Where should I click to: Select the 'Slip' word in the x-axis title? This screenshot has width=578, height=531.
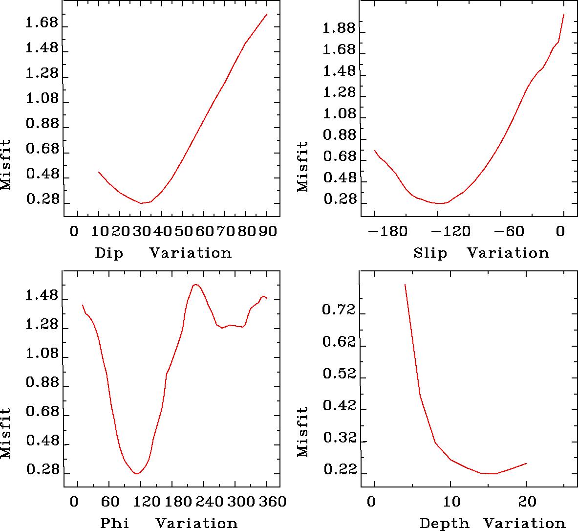point(430,253)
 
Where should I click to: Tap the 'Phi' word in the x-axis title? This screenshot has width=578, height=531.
point(115,523)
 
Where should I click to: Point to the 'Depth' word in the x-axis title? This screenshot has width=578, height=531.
point(444,523)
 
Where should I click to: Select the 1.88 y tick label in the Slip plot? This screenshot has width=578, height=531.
point(340,29)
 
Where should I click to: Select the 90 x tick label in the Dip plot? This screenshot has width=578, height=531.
point(267,230)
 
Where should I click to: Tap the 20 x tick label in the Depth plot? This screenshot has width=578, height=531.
point(527,502)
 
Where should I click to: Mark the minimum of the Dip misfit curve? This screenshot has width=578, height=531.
point(141,203)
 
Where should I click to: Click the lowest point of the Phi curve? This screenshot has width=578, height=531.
point(137,474)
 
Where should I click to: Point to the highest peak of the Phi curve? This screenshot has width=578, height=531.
point(195,285)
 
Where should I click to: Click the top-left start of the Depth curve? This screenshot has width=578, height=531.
point(405,285)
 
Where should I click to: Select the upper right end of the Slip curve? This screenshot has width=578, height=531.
point(564,14)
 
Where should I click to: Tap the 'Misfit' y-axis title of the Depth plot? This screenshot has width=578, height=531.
point(303,431)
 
